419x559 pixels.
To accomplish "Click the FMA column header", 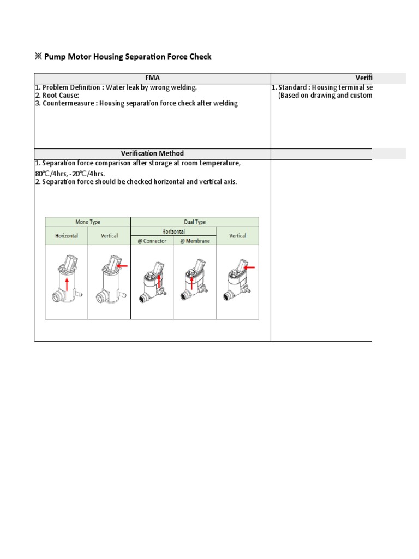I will (x=152, y=78).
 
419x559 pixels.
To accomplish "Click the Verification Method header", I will (x=152, y=153).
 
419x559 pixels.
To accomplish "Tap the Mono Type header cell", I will (x=87, y=222).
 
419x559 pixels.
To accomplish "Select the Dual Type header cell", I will (x=195, y=222).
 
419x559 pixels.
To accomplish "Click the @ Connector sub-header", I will (x=152, y=240).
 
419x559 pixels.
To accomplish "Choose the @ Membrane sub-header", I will (x=195, y=240).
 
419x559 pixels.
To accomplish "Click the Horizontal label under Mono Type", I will (x=66, y=236).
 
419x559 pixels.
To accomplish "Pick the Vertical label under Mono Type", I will (x=109, y=236).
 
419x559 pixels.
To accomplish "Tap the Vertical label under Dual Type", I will (x=237, y=236).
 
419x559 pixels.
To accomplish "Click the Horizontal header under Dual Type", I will (x=173, y=231).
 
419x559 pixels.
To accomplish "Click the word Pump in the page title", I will (x=55, y=56).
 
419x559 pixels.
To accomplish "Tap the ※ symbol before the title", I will (x=38, y=56).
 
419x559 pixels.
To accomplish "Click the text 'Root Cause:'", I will (x=61, y=95).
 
